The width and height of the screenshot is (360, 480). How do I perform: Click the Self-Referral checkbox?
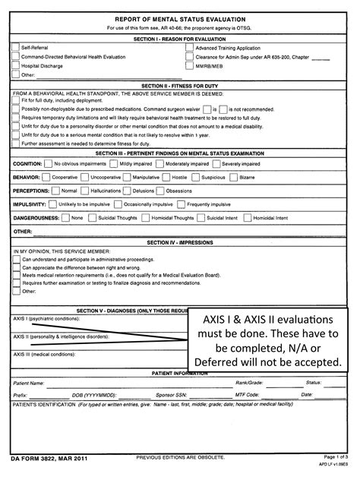pos(16,47)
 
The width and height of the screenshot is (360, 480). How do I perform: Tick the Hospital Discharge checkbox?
pos(16,65)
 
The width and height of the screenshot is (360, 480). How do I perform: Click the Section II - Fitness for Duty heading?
pos(179,86)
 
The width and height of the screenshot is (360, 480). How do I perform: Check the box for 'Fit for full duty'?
pos(16,100)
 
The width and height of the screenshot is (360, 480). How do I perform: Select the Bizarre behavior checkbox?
pos(232,176)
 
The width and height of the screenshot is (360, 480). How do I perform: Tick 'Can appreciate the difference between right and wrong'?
pos(16,267)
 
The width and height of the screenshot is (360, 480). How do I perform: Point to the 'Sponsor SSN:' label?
pos(170,395)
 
